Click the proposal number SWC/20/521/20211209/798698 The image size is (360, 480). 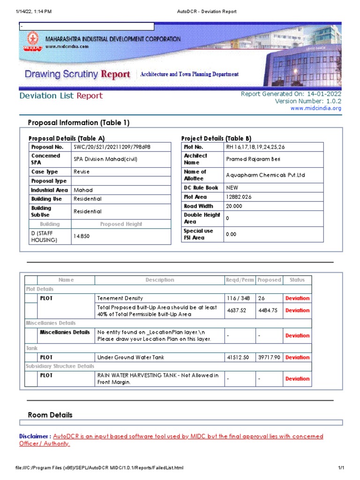(112, 147)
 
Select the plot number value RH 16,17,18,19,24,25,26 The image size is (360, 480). (255, 147)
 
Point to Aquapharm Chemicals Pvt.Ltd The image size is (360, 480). (265, 175)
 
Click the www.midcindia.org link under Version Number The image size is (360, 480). (316, 108)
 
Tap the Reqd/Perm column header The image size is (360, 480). (240, 280)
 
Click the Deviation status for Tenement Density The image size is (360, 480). (297, 298)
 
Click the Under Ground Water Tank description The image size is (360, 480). (131, 357)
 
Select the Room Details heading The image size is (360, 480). (50, 415)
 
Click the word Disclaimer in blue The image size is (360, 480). (35, 436)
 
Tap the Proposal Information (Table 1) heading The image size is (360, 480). (78, 123)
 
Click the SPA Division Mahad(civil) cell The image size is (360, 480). (105, 159)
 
